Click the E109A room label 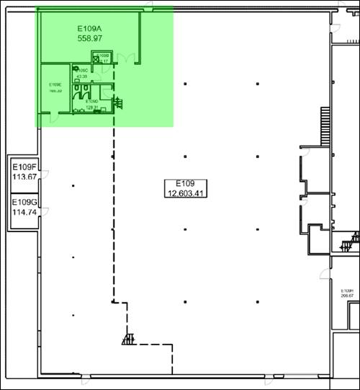(89, 29)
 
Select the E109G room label (25, 202)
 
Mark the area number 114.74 (25, 211)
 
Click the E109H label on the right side (348, 291)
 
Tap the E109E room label (55, 85)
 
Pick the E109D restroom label (91, 102)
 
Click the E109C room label (81, 70)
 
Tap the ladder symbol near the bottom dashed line (128, 338)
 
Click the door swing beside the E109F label (44, 173)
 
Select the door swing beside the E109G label (44, 210)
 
